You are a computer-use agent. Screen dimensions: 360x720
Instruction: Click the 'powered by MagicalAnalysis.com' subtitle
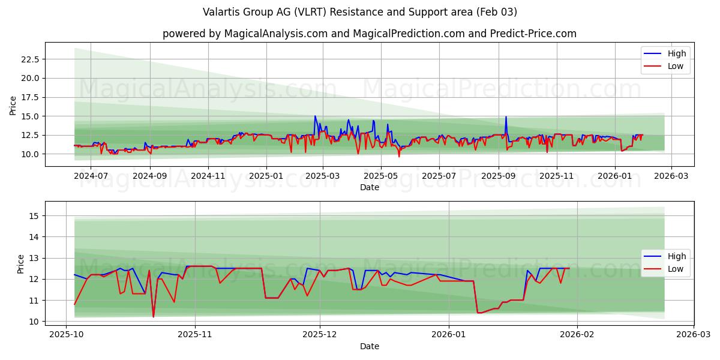[x=369, y=34]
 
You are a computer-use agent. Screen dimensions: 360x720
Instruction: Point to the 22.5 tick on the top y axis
[x=30, y=59]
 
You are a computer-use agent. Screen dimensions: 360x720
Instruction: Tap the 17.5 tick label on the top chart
[x=30, y=97]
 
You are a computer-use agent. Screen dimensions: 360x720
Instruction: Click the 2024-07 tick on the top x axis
[x=91, y=176]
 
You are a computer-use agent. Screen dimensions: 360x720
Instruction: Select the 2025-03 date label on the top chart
[x=323, y=176]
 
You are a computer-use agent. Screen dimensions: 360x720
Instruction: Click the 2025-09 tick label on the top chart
[x=499, y=176]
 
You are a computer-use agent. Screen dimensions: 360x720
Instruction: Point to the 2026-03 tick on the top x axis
[x=671, y=176]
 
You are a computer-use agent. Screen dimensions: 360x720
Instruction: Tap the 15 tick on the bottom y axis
[x=34, y=216]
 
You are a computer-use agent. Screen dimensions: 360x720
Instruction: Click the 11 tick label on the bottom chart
[x=34, y=300]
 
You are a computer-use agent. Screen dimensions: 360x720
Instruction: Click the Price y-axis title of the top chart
[x=13, y=105]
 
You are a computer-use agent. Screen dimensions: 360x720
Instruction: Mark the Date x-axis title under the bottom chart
[x=369, y=346]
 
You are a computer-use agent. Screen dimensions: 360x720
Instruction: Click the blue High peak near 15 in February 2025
[x=315, y=116]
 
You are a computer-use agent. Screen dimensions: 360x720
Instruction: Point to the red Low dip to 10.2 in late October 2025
[x=153, y=317]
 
